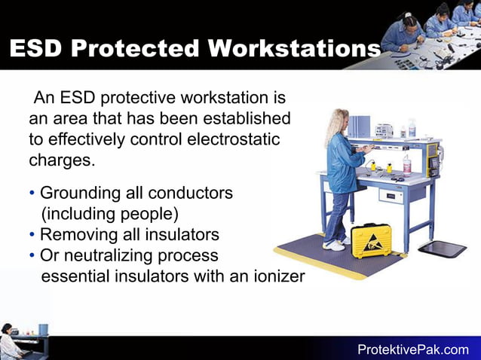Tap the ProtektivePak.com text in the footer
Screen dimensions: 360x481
click(x=413, y=349)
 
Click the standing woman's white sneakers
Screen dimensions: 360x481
click(x=334, y=245)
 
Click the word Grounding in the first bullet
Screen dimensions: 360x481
click(x=79, y=193)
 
